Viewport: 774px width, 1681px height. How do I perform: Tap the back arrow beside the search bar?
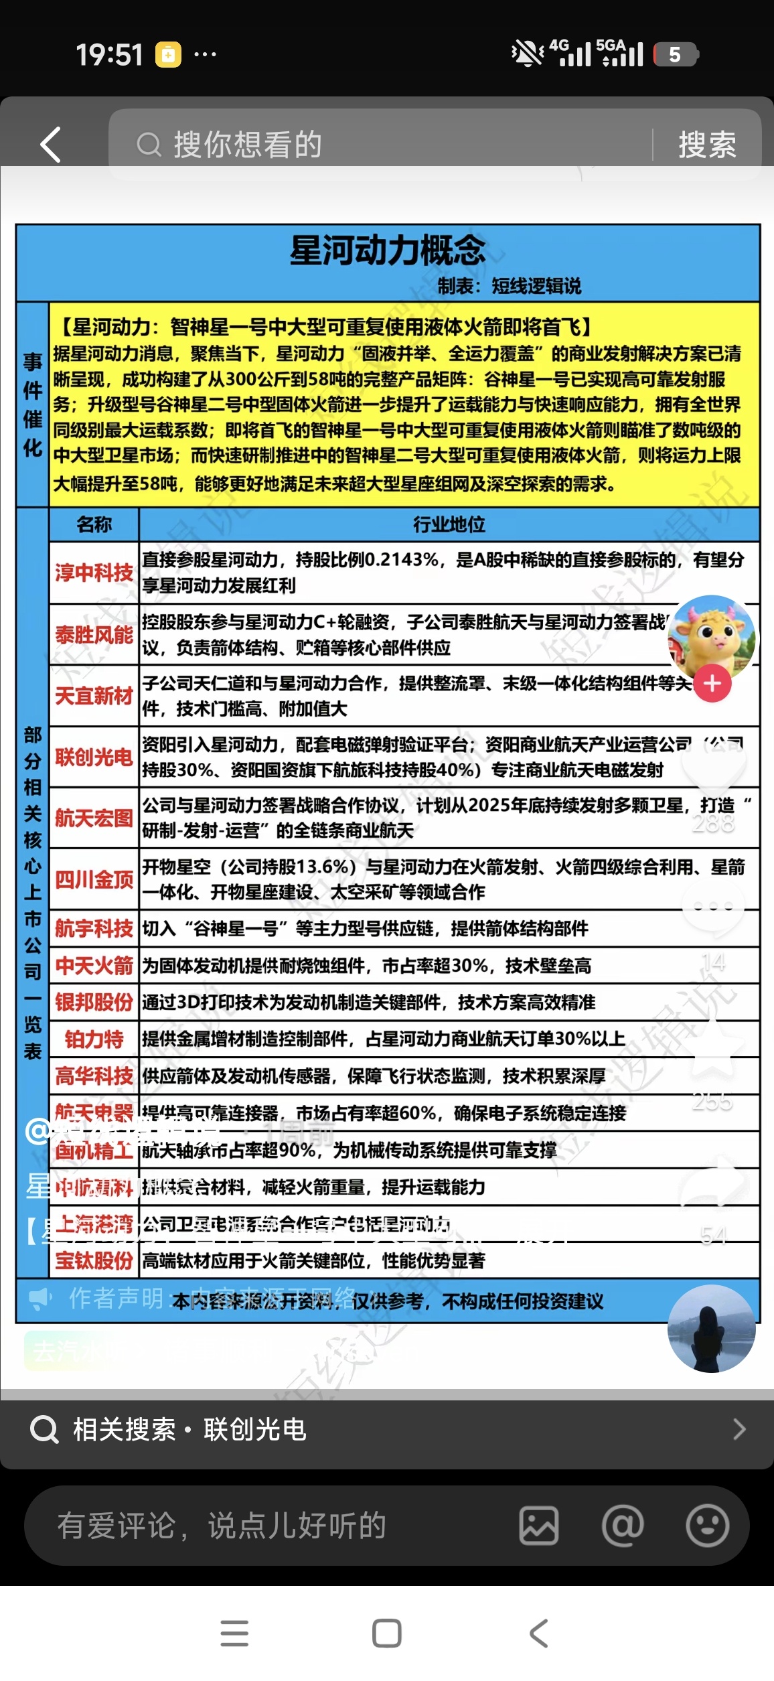pyautogui.click(x=51, y=144)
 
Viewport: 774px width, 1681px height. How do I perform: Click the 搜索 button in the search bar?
pyautogui.click(x=707, y=145)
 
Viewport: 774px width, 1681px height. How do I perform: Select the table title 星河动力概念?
pyautogui.click(x=388, y=250)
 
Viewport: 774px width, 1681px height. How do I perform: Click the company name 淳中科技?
pyautogui.click(x=94, y=573)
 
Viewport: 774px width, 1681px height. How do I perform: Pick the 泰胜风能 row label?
pyautogui.click(x=94, y=634)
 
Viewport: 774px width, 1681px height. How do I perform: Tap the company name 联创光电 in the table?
pyautogui.click(x=94, y=757)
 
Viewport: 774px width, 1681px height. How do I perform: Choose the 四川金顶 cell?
pyautogui.click(x=94, y=879)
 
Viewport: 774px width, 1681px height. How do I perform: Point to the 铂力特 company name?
pyautogui.click(x=94, y=1039)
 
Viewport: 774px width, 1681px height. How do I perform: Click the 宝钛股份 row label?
pyautogui.click(x=94, y=1261)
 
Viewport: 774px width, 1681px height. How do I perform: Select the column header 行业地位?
pyautogui.click(x=449, y=524)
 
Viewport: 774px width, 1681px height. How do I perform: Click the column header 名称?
pyautogui.click(x=94, y=524)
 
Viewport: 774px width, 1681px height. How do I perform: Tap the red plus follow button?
pyautogui.click(x=712, y=683)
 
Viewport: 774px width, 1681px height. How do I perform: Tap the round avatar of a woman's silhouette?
pyautogui.click(x=711, y=1329)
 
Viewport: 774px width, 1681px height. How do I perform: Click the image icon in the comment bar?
pyautogui.click(x=539, y=1526)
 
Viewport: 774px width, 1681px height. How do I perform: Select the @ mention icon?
pyautogui.click(x=623, y=1526)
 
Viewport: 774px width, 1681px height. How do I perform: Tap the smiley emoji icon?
pyautogui.click(x=707, y=1526)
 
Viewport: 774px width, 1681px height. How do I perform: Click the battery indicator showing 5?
pyautogui.click(x=675, y=54)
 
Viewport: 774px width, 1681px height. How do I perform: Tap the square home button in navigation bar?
pyautogui.click(x=387, y=1633)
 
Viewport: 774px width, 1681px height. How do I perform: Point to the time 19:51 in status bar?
pyautogui.click(x=109, y=55)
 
